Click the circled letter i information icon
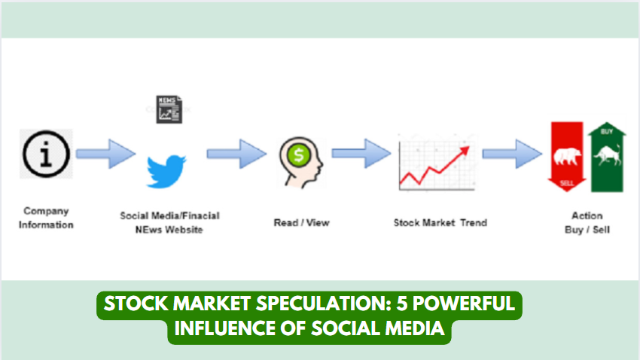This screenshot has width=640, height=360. [46, 154]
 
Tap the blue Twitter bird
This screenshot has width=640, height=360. [166, 172]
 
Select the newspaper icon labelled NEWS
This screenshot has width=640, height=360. [169, 109]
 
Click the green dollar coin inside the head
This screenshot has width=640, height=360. [299, 155]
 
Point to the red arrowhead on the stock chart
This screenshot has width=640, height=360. [465, 151]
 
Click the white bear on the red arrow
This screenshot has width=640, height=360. [567, 157]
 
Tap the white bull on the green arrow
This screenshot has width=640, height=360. [608, 156]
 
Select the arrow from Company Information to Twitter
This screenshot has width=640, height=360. [105, 154]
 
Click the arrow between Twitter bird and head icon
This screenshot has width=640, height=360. [236, 154]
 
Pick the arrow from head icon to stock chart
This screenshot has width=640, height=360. [361, 154]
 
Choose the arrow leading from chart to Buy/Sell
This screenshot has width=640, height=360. [512, 154]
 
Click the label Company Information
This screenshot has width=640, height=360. [46, 218]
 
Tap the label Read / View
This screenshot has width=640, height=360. [302, 223]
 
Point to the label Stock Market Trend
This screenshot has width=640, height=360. [440, 223]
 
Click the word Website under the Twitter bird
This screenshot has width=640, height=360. [183, 230]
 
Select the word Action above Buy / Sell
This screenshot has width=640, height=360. [587, 215]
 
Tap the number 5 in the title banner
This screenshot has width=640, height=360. [403, 304]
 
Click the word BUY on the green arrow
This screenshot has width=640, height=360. [607, 132]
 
